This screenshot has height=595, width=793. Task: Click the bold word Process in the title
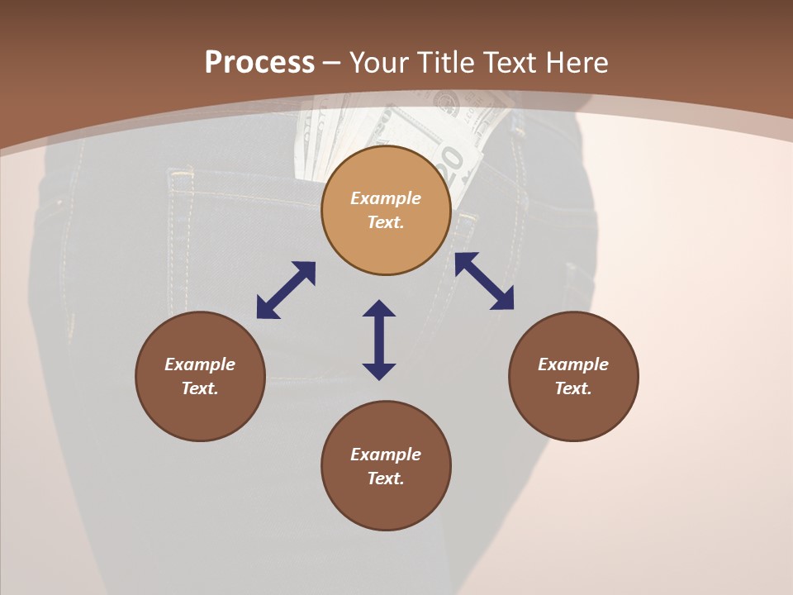pyautogui.click(x=259, y=63)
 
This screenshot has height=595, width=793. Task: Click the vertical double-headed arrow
pyautogui.click(x=379, y=340)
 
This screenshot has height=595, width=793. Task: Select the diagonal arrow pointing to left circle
pyautogui.click(x=286, y=290)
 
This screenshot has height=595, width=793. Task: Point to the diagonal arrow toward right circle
pyautogui.click(x=484, y=281)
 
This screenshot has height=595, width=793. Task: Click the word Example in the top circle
pyautogui.click(x=386, y=198)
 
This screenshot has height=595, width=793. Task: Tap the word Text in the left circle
pyautogui.click(x=200, y=388)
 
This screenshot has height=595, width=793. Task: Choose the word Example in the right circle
pyautogui.click(x=573, y=364)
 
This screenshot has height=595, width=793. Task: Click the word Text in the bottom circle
pyautogui.click(x=386, y=478)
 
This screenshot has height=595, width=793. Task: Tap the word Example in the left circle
pyautogui.click(x=200, y=364)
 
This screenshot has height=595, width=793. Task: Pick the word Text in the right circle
pyautogui.click(x=573, y=388)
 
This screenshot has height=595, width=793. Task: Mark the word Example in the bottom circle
pyautogui.click(x=386, y=455)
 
